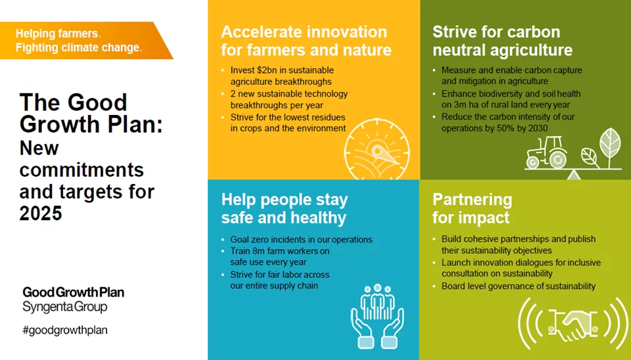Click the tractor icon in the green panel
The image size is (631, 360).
point(546,152)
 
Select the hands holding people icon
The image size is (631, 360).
point(377,316)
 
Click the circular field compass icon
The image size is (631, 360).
point(377,149)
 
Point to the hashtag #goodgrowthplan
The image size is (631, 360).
point(65,330)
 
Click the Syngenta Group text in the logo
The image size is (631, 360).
point(65,307)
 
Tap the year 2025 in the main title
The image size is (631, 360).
point(41,213)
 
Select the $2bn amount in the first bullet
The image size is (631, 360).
point(268,70)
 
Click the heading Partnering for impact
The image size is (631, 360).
point(472,208)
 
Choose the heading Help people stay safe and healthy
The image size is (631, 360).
point(284,209)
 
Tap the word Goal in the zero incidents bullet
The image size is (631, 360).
point(240,239)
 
